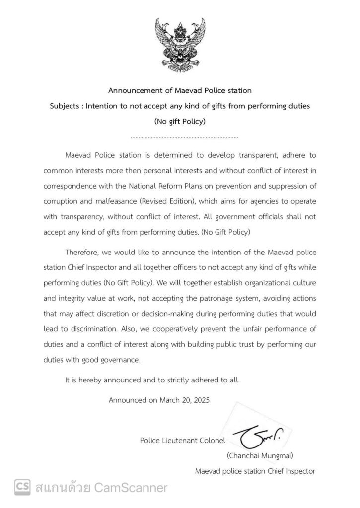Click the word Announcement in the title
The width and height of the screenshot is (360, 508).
(134, 90)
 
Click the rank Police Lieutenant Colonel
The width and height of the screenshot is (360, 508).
(183, 439)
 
